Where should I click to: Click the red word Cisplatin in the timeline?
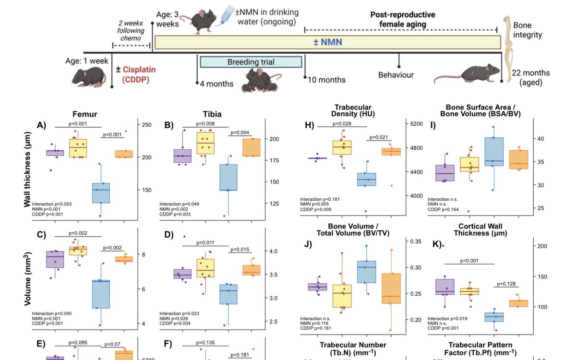pos(140,70)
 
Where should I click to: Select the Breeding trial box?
pos(251,62)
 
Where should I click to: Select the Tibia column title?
pos(212,115)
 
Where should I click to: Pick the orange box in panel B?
pos(251,147)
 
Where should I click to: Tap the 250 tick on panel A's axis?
pos(146,125)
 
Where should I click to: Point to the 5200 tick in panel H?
pos(416,124)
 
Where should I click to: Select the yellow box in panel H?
pos(342,147)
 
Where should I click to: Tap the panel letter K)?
pos(437,244)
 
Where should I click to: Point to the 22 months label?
pos(530,73)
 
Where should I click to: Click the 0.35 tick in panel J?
pos(416,241)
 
